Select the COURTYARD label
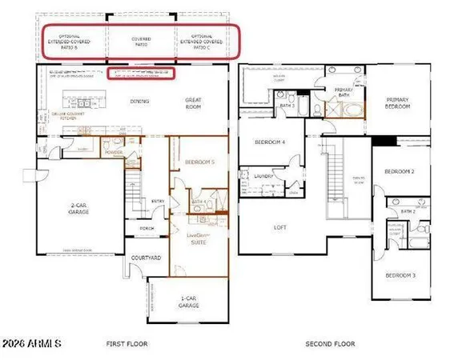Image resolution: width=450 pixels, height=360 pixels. pyautogui.click(x=147, y=259)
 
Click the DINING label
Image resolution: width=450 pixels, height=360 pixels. pyautogui.click(x=140, y=102)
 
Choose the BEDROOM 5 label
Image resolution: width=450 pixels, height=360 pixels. pyautogui.click(x=199, y=163)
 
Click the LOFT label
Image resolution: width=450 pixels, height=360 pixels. pyautogui.click(x=280, y=227)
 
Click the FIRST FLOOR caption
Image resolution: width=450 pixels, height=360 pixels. pyautogui.click(x=127, y=344)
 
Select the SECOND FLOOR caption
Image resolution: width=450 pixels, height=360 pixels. pyautogui.click(x=329, y=344)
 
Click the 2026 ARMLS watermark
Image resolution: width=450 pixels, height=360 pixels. pyautogui.click(x=32, y=345)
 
